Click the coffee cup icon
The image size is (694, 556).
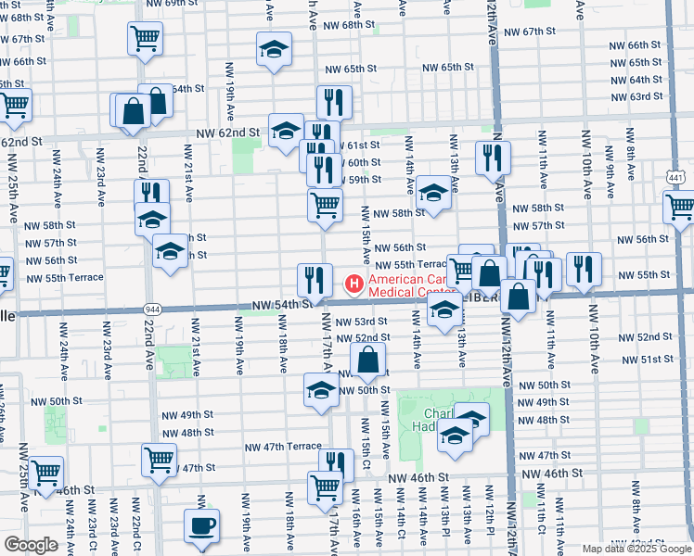pos(201,527)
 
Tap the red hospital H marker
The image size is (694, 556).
pos(353,282)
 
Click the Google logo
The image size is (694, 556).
pos(31,545)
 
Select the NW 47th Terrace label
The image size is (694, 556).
pos(282,447)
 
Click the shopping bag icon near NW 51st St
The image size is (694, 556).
pos(368,360)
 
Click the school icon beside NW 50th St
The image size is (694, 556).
pos(321,390)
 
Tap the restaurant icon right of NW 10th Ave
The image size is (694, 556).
pos(584,269)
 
